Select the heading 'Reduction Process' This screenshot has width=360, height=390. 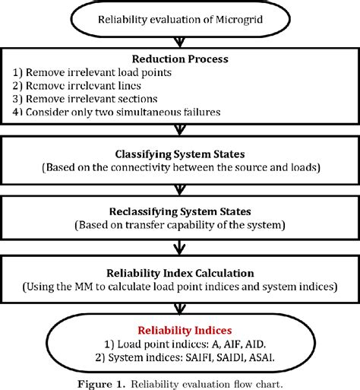pos(180,59)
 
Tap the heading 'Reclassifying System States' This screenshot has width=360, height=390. pos(180,211)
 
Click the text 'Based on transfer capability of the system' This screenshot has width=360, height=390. pos(180,225)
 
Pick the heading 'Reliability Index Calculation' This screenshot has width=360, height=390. pos(180,272)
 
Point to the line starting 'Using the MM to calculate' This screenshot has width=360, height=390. pos(180,287)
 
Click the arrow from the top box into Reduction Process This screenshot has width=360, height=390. pos(180,41)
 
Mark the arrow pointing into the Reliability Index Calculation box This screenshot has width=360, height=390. pos(180,248)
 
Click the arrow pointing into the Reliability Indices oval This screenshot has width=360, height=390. pos(180,309)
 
